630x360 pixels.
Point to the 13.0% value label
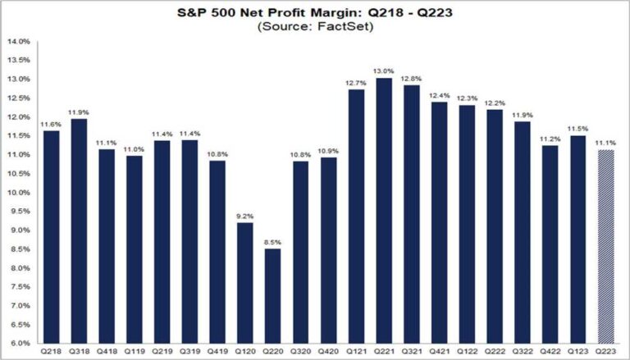point(384,71)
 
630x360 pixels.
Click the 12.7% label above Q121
point(355,83)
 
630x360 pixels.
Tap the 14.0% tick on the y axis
point(19,41)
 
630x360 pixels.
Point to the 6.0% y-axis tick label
point(19,344)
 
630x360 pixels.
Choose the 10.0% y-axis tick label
point(19,193)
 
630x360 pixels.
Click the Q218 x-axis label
point(51,352)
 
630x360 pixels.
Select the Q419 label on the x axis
point(217,352)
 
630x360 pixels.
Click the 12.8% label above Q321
point(411,78)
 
